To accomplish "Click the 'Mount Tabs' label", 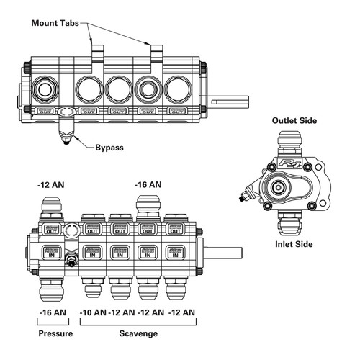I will (x=59, y=23).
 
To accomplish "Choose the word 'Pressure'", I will (x=55, y=334).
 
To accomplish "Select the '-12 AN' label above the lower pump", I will (x=53, y=185).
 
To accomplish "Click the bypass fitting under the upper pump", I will (x=67, y=130).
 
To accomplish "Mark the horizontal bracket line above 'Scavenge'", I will (x=137, y=323).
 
